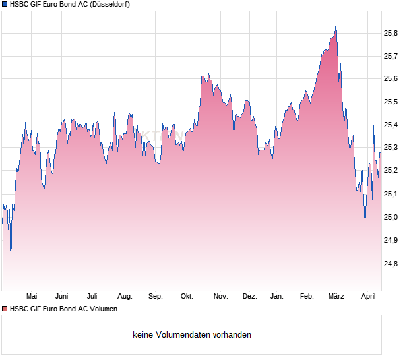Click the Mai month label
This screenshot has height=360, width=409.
[31, 297]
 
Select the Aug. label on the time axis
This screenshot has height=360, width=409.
[125, 297]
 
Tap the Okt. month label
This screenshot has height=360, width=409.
[187, 297]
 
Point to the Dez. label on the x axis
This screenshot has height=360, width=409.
[249, 297]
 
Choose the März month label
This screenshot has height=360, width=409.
[336, 297]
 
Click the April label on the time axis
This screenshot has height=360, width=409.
[368, 297]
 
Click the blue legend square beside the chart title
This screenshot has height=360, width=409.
[5, 4]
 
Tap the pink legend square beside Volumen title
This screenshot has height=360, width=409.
[5, 309]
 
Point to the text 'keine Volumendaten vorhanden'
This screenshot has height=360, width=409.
[192, 335]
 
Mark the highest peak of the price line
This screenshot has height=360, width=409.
[336, 25]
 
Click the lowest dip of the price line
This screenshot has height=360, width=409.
[11, 264]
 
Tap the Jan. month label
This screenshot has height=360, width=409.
[277, 297]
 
